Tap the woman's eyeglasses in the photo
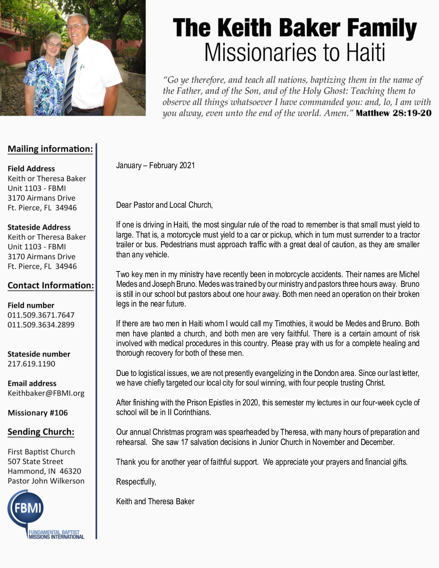coord(53,44)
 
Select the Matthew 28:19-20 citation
coord(393,113)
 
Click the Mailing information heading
coord(50,149)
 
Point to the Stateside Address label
coord(39,227)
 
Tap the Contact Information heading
coord(50,286)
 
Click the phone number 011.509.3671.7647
coord(41,315)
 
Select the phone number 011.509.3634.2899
coord(41,325)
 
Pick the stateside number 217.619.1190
coord(31,364)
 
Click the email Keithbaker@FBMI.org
coord(46,393)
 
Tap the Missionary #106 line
coord(38,413)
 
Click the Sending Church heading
coord(41,432)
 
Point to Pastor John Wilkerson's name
coord(46,481)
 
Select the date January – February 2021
coord(155,165)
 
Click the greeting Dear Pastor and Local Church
coord(164,205)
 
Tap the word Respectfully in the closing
coord(136,482)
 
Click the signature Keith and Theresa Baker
coord(155,501)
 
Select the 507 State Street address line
coord(36,461)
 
